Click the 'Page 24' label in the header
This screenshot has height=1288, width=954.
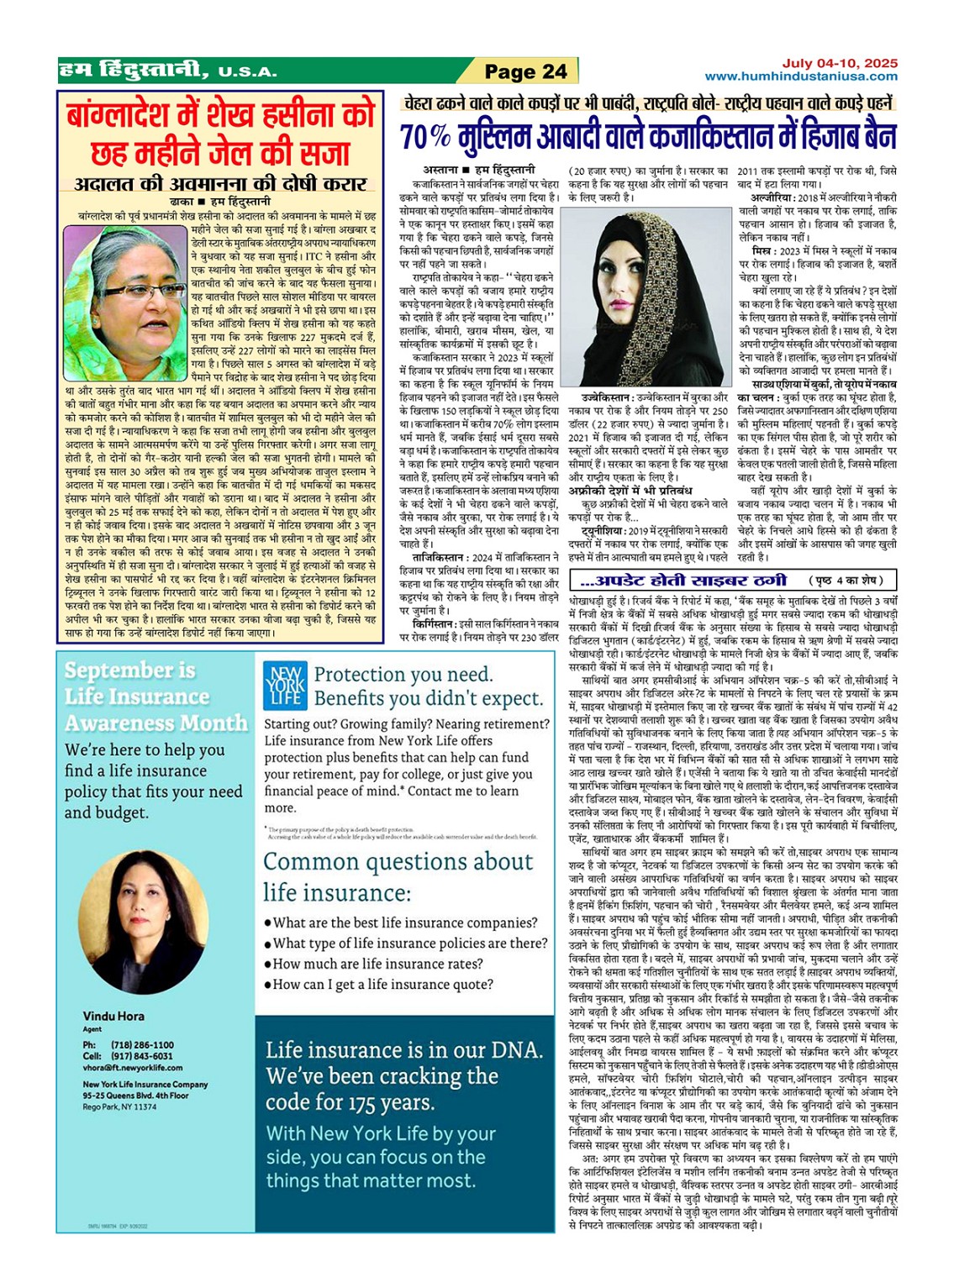pos(525,71)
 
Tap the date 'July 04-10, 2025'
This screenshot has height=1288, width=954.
pos(840,63)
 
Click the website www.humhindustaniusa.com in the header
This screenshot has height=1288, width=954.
pos(800,76)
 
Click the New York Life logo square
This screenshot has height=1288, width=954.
pos(284,685)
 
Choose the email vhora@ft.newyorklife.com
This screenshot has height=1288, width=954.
pos(133,1068)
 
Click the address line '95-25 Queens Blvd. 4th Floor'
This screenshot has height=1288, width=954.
pos(135,1096)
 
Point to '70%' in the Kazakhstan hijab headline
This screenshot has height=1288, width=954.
pos(425,136)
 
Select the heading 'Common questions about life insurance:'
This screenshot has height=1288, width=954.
pos(398,876)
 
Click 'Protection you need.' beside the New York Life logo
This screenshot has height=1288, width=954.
pos(403,675)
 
